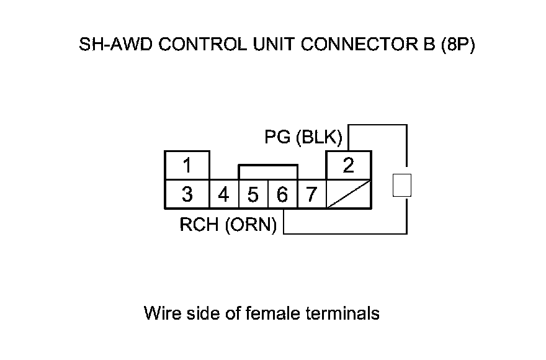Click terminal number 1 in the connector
(x=187, y=166)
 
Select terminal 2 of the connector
(x=349, y=166)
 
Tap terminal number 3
(x=187, y=195)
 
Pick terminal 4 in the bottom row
(x=224, y=195)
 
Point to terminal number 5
(x=253, y=195)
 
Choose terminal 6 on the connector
(x=282, y=195)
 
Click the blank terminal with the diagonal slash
(x=349, y=195)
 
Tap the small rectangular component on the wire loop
(x=403, y=186)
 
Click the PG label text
(x=277, y=137)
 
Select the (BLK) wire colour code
(x=319, y=137)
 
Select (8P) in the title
(x=457, y=46)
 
